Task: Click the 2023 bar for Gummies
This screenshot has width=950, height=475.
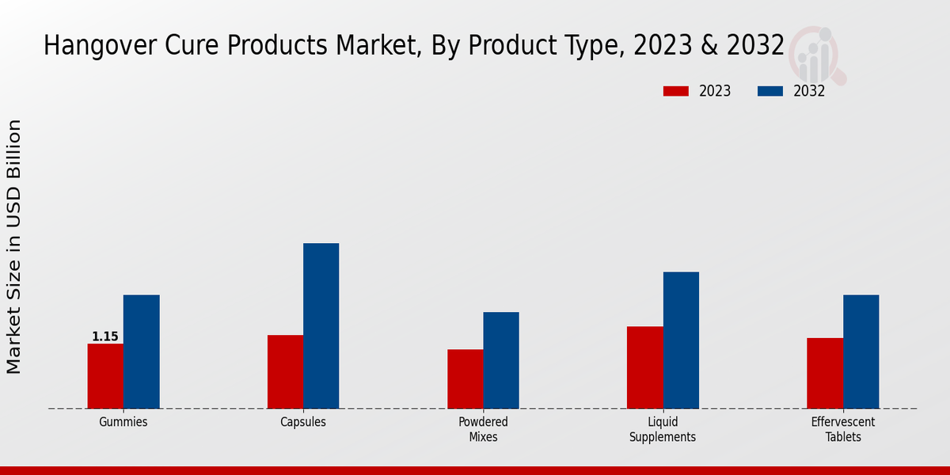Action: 105,376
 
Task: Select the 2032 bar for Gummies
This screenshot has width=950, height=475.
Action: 141,351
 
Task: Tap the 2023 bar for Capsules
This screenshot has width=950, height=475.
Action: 285,371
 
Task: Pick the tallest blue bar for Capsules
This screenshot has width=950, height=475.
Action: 321,325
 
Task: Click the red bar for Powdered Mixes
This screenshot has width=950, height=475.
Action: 465,378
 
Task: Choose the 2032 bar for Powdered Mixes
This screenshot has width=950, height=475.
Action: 501,360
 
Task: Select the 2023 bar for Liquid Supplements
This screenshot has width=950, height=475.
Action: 644,367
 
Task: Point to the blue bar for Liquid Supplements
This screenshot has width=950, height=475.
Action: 681,340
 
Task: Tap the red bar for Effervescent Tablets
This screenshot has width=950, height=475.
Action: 825,373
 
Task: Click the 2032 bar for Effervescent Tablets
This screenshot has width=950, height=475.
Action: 861,351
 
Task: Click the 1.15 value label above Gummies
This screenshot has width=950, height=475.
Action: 105,336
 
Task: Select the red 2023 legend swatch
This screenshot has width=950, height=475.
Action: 675,91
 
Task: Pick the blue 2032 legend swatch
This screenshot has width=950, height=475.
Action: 770,91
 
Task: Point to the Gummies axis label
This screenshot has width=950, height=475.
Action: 123,422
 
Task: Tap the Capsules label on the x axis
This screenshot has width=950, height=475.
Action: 303,422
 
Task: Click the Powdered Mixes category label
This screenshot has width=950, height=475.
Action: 483,429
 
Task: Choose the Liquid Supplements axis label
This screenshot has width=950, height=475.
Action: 663,429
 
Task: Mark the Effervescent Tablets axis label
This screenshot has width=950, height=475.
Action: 842,429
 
